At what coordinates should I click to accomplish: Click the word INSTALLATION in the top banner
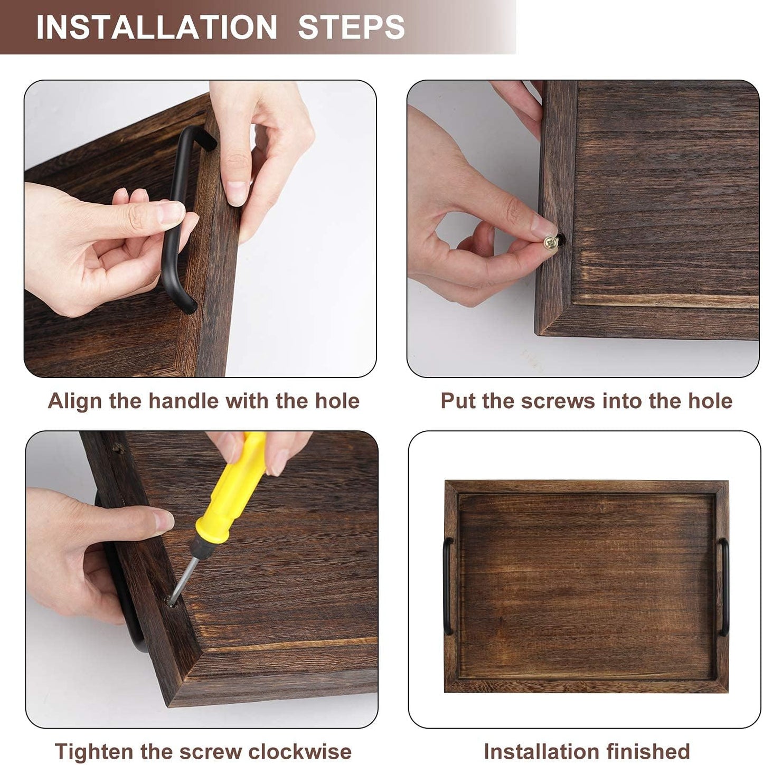[156, 27]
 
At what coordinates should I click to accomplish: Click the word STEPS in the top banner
[351, 27]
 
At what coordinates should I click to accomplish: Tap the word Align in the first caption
[76, 401]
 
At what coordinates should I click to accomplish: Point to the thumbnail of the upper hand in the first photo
[236, 192]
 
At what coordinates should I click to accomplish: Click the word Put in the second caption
[458, 401]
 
